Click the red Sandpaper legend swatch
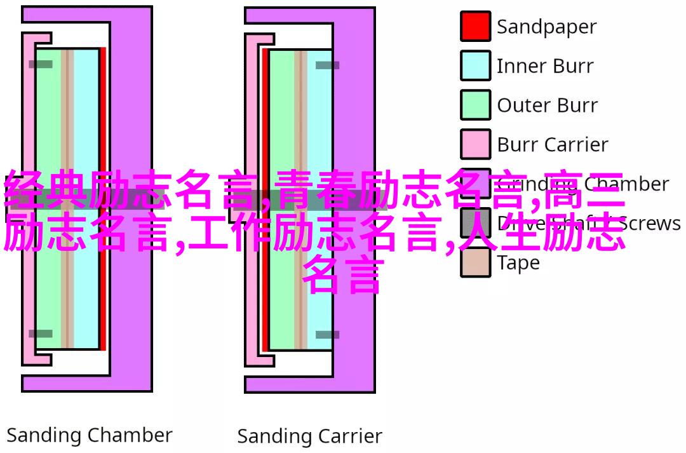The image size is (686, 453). click(475, 27)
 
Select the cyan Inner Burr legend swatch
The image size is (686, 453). click(475, 66)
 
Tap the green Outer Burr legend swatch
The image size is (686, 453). click(475, 105)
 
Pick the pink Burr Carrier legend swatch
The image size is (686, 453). click(475, 144)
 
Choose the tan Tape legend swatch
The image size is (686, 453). click(475, 262)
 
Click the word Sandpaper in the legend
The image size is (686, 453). click(546, 27)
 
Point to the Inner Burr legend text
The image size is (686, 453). click(545, 66)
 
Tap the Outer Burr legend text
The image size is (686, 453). click(547, 105)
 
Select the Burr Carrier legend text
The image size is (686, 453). click(553, 145)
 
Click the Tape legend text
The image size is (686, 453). click(518, 262)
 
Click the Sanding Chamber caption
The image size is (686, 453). click(90, 435)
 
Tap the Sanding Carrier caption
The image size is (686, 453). click(309, 436)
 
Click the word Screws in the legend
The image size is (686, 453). click(649, 224)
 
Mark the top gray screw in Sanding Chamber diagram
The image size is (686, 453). click(41, 64)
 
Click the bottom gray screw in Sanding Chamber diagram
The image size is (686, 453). click(41, 334)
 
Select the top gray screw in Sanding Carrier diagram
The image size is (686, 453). click(327, 65)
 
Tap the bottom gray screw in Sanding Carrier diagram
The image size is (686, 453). click(327, 334)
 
